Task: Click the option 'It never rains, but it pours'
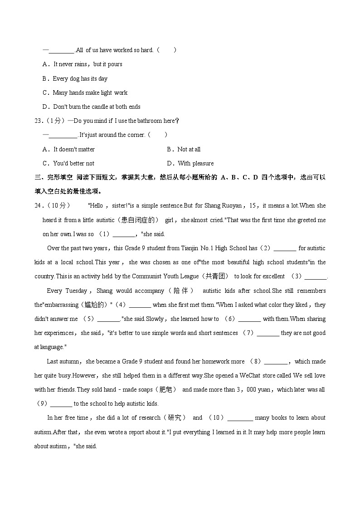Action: point(88,64)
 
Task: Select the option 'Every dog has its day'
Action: point(80,79)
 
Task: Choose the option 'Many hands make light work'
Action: point(90,93)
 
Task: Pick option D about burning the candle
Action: point(97,107)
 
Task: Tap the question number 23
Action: point(38,121)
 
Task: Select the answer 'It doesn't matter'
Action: point(74,150)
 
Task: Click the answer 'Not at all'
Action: point(189,150)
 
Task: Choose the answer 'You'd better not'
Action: point(73,164)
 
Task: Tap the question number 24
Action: point(38,206)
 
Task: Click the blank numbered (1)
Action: point(123,235)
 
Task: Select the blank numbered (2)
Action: point(285,249)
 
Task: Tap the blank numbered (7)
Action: point(268,334)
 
